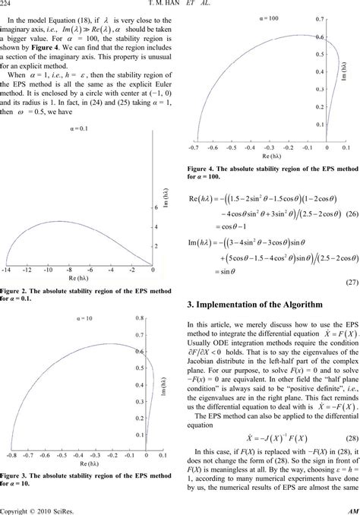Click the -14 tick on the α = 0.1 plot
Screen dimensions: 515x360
[x=8, y=248]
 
